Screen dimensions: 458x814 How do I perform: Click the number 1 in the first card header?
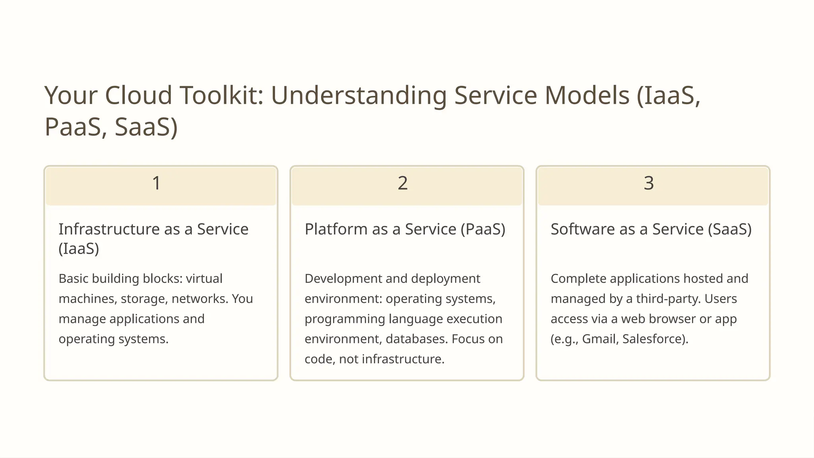click(x=156, y=183)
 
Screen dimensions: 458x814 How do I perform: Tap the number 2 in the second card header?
click(x=403, y=183)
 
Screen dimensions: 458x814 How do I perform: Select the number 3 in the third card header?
click(x=649, y=183)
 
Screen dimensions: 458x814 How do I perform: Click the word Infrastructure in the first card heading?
click(x=109, y=229)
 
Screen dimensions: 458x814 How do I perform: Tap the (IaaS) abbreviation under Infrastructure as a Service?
click(x=79, y=249)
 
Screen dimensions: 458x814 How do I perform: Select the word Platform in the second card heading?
click(x=336, y=229)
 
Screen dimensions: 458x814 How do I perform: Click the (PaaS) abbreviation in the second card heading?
click(x=483, y=229)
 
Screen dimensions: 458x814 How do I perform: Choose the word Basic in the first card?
click(x=74, y=279)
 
